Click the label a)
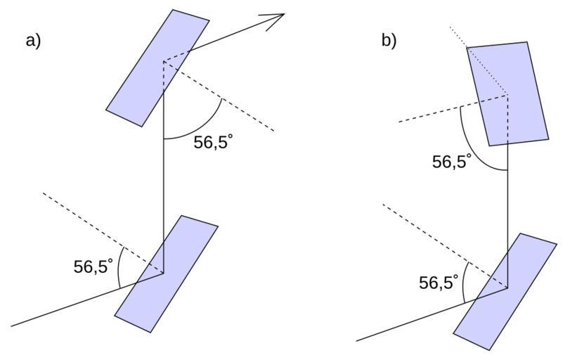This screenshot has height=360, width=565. (x=33, y=40)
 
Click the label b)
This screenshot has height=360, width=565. (x=389, y=40)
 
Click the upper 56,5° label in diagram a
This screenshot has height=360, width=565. (x=213, y=143)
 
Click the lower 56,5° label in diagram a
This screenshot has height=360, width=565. (x=93, y=266)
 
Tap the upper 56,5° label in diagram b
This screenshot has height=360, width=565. (x=452, y=162)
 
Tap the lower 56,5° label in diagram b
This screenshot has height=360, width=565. (x=439, y=283)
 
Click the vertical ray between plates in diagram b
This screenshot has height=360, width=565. (x=507, y=211)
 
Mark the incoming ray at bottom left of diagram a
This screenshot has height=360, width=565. (x=70, y=307)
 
